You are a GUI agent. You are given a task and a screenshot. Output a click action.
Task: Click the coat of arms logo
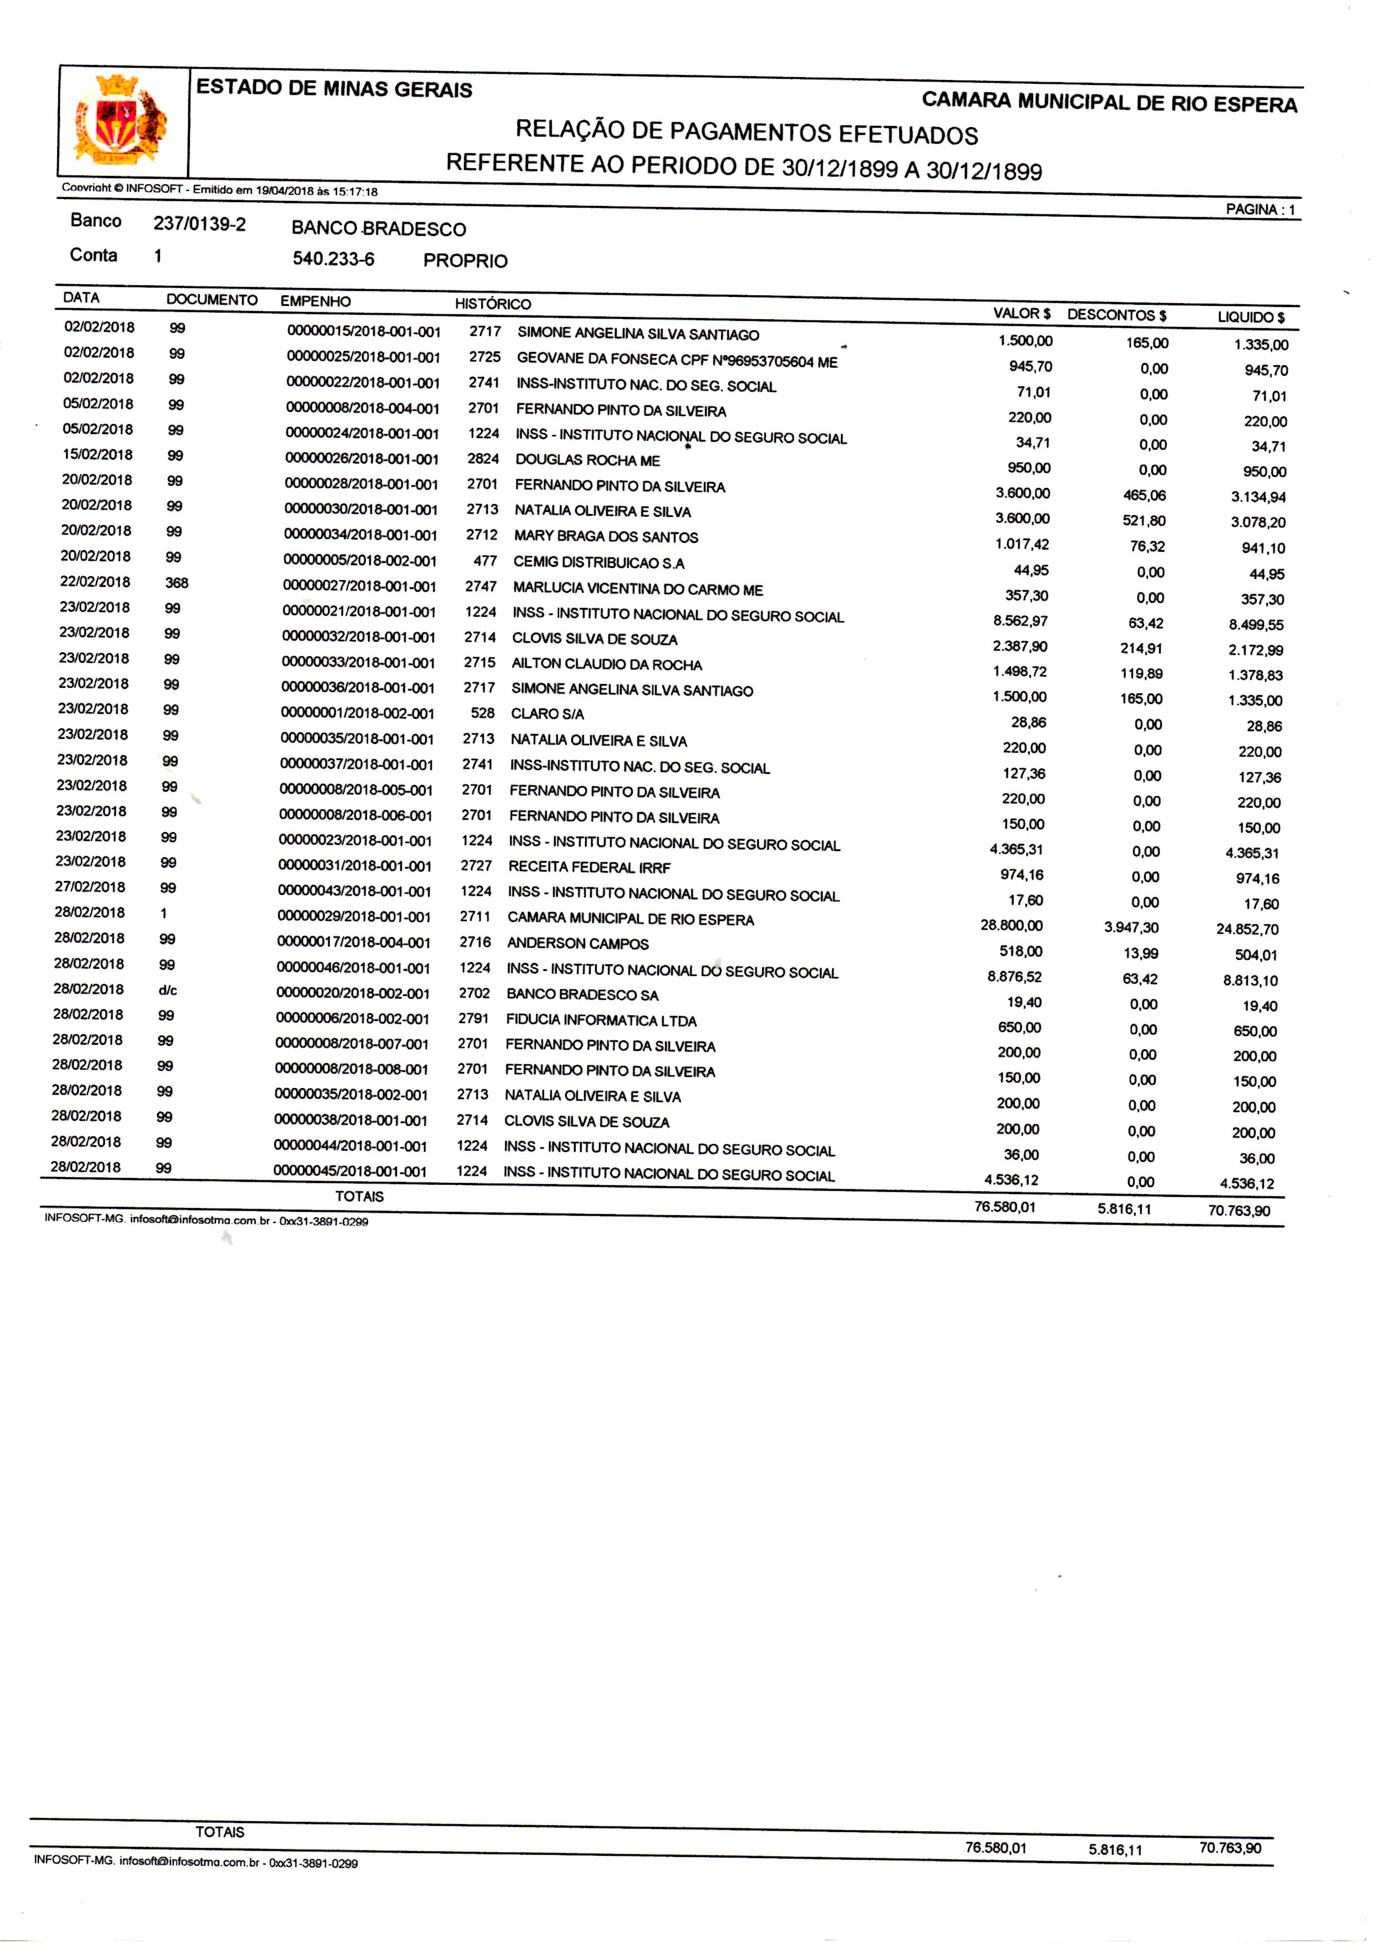[121, 120]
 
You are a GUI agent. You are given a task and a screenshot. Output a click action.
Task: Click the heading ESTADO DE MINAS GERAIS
[334, 89]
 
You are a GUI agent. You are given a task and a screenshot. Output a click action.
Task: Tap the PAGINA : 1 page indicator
[1260, 210]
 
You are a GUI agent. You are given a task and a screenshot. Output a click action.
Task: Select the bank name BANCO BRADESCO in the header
[379, 229]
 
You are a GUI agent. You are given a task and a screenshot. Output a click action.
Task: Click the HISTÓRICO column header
[493, 304]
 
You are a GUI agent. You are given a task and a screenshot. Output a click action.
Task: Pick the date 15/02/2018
[97, 455]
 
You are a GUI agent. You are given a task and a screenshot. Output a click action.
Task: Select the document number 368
[177, 582]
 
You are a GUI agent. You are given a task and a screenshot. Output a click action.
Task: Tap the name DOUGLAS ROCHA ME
[588, 461]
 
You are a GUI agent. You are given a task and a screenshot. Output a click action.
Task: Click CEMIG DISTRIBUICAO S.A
[598, 563]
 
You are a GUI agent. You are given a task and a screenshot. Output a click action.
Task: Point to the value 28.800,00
[1012, 925]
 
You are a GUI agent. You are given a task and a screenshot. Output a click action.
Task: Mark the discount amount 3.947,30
[1131, 927]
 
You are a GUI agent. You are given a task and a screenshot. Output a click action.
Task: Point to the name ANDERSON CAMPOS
[577, 943]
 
